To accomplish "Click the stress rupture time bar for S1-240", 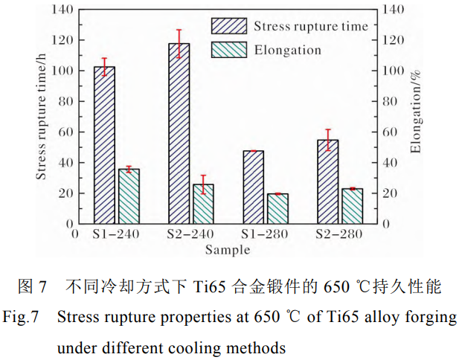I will [104, 145].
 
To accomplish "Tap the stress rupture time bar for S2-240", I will [179, 134].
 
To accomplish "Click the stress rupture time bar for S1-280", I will [253, 187].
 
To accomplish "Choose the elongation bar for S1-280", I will [277, 208].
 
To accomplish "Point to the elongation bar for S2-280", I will [352, 206].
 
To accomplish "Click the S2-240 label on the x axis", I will [190, 234].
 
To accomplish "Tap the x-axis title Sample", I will [228, 250].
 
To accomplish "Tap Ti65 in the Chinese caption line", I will [209, 286].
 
